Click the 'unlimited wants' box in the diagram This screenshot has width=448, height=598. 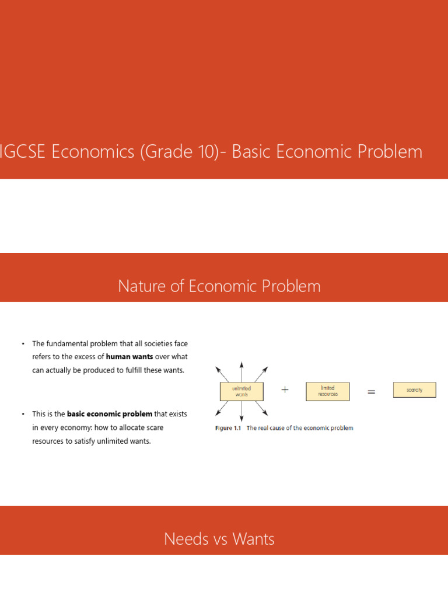tap(242, 391)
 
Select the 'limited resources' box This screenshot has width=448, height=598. tap(327, 391)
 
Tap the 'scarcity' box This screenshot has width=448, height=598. tap(414, 390)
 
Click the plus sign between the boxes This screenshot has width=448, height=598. tap(285, 390)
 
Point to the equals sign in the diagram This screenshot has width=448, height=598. tap(371, 392)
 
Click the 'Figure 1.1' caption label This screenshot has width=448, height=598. tap(228, 428)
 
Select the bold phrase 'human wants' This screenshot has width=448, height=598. tap(129, 356)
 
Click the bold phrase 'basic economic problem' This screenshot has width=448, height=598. tap(110, 414)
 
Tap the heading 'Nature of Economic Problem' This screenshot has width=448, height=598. tap(219, 286)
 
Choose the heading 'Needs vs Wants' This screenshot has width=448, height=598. tap(219, 538)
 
